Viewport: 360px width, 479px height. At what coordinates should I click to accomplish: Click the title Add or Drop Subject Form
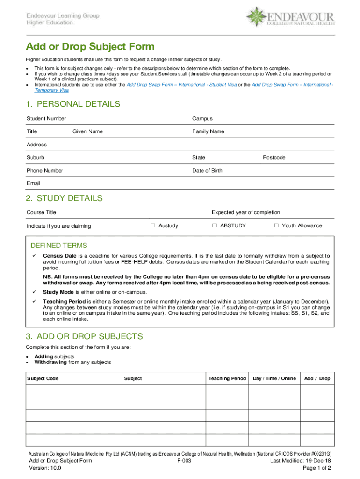[90, 47]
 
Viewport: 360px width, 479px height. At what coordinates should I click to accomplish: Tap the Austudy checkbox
[153, 225]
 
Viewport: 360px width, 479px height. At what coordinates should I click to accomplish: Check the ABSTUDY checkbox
[215, 225]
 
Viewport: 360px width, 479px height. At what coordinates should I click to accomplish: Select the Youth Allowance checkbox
[276, 225]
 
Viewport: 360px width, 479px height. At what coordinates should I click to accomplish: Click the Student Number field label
[46, 119]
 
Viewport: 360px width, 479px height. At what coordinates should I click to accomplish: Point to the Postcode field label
[274, 158]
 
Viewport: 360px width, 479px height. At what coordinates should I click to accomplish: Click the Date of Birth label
[207, 171]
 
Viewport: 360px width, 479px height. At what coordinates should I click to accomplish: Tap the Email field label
[34, 183]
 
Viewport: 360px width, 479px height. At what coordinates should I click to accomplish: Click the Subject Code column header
[43, 378]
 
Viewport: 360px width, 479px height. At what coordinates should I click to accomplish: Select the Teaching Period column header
[227, 378]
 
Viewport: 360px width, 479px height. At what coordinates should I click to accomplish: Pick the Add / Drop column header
[317, 378]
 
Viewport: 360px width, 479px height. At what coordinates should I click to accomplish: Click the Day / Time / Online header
[274, 378]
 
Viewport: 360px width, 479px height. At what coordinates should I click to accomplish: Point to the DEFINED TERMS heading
[59, 246]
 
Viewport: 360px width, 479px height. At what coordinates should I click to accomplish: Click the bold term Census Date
[60, 256]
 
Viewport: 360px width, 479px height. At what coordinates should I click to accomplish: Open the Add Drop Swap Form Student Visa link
[178, 85]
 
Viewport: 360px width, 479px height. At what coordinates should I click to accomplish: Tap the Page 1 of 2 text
[317, 468]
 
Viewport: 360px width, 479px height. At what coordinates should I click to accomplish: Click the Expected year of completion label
[245, 212]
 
